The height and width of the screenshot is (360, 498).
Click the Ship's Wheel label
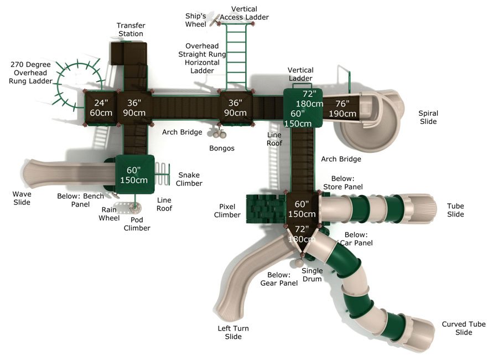coord(196,19)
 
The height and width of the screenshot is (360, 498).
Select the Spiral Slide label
coord(428,117)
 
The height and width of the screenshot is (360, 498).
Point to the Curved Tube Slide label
coord(464,328)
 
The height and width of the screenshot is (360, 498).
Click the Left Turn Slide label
coord(233,332)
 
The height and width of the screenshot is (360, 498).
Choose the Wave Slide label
coord(22,198)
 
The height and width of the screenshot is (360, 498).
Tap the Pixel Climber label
coord(227,210)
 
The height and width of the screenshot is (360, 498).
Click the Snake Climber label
coord(189,179)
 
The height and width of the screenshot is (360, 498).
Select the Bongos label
coord(221,148)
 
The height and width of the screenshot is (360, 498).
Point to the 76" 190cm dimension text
coord(343,109)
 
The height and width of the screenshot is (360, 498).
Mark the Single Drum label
coord(312,275)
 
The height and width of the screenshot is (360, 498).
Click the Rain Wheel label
coord(108,214)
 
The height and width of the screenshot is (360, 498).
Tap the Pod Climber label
coord(137,224)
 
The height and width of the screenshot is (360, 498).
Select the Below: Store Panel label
coord(346,183)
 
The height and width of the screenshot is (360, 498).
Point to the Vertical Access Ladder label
coord(244,13)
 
